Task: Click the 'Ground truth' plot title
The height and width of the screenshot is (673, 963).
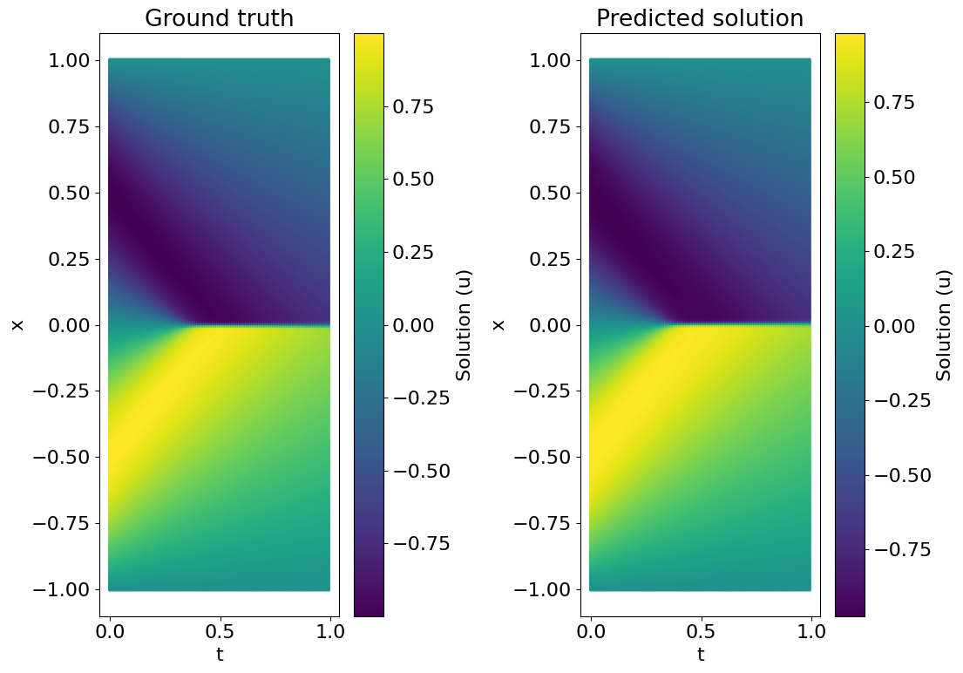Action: pyautogui.click(x=219, y=18)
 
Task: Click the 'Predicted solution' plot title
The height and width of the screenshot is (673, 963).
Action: pyautogui.click(x=700, y=18)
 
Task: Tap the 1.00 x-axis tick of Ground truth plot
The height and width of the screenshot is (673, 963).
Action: pyautogui.click(x=69, y=61)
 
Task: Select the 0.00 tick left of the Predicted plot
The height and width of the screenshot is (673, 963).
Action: pyautogui.click(x=550, y=325)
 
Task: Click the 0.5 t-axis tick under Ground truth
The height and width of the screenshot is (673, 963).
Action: pyautogui.click(x=220, y=629)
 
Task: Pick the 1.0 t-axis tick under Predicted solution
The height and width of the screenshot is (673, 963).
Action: pyautogui.click(x=810, y=629)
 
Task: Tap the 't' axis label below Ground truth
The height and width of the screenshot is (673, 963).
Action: pyautogui.click(x=220, y=655)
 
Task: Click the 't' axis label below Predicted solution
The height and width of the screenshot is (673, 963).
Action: pyautogui.click(x=701, y=655)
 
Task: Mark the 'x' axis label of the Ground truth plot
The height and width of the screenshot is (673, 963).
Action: pyautogui.click(x=17, y=325)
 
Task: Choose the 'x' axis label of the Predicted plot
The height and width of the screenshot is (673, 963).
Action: pyautogui.click(x=498, y=325)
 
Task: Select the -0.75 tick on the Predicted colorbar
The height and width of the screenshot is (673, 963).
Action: pyautogui.click(x=897, y=549)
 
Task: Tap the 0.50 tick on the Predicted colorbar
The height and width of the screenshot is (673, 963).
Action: pyautogui.click(x=897, y=177)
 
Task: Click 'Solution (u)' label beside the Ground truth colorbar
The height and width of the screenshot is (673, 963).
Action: pyautogui.click(x=464, y=325)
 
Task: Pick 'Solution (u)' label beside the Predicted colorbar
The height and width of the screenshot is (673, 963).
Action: pyautogui.click(x=945, y=325)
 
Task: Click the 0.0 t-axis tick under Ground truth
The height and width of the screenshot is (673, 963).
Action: pyautogui.click(x=110, y=629)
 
